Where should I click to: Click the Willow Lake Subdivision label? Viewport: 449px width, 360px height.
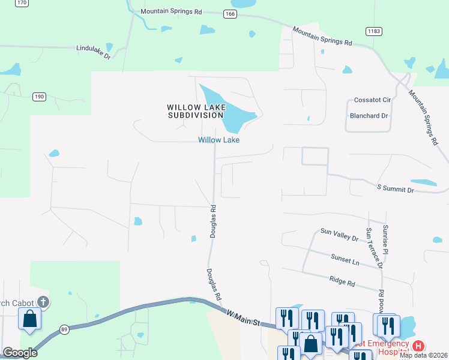(x=196, y=111)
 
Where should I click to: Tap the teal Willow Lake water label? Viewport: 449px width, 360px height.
(x=219, y=140)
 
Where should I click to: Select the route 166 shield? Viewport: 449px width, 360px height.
(x=228, y=13)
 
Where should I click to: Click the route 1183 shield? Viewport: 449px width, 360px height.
(x=373, y=30)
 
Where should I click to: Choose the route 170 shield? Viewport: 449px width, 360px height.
(x=22, y=3)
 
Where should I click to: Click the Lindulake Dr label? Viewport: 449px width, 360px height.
(x=94, y=52)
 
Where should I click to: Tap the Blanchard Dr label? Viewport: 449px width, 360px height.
(x=369, y=115)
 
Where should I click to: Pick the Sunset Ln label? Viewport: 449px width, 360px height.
(x=345, y=259)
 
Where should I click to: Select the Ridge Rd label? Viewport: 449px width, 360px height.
(x=342, y=280)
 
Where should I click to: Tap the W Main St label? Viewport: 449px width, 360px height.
(x=243, y=317)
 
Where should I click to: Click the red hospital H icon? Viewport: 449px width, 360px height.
(x=418, y=346)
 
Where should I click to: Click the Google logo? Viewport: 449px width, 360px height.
(x=20, y=352)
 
